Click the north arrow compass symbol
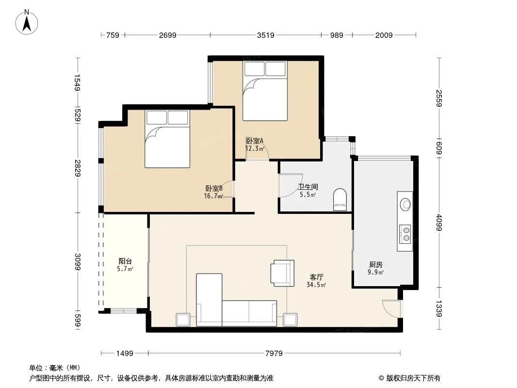pos(27,22)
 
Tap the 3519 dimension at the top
pos(266,35)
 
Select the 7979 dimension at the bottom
pos(274,354)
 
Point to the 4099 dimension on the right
pos(439,223)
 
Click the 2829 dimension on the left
pos(78,168)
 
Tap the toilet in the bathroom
pos(340,199)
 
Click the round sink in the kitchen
pos(405,205)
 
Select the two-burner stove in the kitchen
pos(405,234)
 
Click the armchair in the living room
pos(282,273)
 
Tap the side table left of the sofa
pos(183,320)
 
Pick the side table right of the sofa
pos(290,320)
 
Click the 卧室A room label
pos(255,141)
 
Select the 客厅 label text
pos(316,277)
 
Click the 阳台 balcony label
pos(125,261)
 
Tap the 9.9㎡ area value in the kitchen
pos(375,272)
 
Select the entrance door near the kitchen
pos(391,308)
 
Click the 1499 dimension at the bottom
pos(125,354)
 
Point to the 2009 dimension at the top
pos(384,35)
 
